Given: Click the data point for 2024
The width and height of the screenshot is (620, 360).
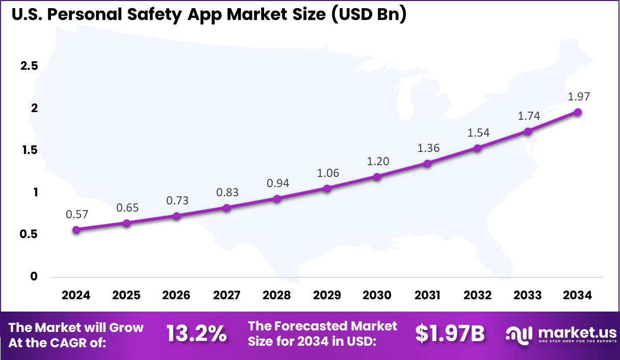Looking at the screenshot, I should click(x=76, y=230).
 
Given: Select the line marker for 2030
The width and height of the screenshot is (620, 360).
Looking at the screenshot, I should click(x=377, y=177).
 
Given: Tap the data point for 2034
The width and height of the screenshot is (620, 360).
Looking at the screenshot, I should click(x=578, y=112).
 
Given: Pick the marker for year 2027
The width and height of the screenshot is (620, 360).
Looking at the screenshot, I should click(x=227, y=208).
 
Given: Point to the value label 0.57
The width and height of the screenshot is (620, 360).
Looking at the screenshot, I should click(x=76, y=215).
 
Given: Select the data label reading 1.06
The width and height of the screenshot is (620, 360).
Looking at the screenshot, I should click(x=327, y=173).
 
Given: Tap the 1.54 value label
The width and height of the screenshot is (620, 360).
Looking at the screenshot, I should click(x=478, y=133).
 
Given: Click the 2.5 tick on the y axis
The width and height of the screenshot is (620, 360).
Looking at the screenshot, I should click(x=29, y=66).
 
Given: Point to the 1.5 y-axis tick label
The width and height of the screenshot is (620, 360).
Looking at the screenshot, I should click(x=29, y=150).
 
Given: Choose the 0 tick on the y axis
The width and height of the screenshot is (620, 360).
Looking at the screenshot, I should click(x=34, y=276).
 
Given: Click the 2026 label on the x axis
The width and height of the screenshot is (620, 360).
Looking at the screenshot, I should click(x=176, y=296).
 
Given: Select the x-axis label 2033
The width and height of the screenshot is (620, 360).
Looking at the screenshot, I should click(x=528, y=296).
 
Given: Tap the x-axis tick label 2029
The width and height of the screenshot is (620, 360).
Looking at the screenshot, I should click(x=327, y=296).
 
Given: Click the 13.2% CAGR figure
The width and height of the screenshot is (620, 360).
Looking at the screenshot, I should click(x=196, y=334).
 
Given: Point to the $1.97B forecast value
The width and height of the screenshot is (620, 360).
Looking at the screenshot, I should click(x=449, y=334).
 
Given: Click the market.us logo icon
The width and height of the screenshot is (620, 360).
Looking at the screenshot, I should click(x=519, y=334).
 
